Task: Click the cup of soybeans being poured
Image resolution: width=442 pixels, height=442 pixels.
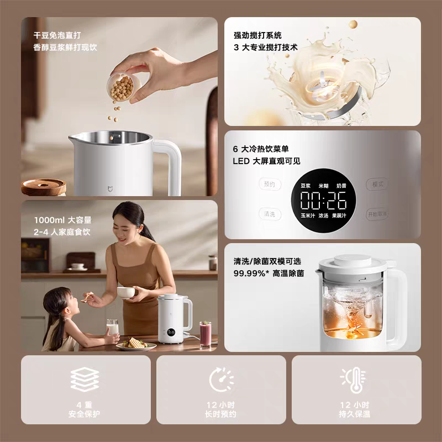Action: [x=123, y=87]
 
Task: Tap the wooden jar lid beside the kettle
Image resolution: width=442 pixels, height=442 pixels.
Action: [x=44, y=187]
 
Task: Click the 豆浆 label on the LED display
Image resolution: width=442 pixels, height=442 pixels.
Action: [x=306, y=186]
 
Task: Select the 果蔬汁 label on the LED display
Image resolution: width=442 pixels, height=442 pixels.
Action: [x=339, y=215]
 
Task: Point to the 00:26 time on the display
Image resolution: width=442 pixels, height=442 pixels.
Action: [x=323, y=201]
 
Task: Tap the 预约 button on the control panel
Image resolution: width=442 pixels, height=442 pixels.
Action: [x=270, y=185]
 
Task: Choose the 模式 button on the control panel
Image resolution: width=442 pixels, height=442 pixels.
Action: [x=377, y=185]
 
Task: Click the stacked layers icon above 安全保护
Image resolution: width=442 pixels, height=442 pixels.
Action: [x=85, y=379]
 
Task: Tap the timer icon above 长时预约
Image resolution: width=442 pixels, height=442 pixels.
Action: [x=222, y=380]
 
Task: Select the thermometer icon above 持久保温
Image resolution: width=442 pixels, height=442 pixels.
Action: [x=354, y=380]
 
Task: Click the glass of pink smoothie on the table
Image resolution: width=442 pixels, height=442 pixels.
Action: [x=205, y=335]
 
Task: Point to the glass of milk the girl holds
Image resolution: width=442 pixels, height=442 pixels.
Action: [x=112, y=328]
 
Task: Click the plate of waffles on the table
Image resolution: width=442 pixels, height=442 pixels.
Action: [x=136, y=344]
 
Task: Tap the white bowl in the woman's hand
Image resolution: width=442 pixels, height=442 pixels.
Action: [x=126, y=293]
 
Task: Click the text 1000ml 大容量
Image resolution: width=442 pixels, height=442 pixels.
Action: [x=62, y=220]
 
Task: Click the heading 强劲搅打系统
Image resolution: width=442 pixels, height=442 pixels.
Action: [x=257, y=35]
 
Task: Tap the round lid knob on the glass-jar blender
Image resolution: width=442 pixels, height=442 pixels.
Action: [x=352, y=260]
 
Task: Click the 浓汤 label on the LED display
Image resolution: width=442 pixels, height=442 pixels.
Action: [x=323, y=215]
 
